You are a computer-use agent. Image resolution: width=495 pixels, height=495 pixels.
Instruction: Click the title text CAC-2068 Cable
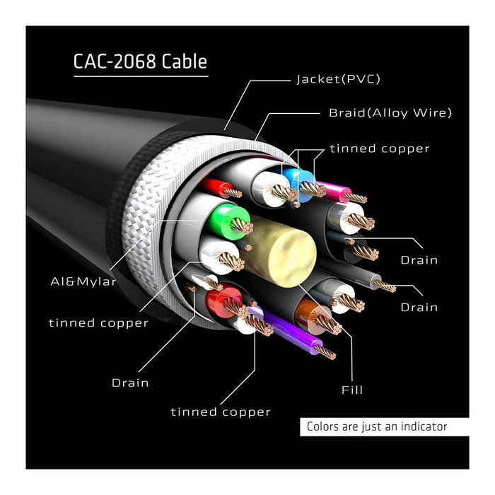pyautogui.click(x=140, y=62)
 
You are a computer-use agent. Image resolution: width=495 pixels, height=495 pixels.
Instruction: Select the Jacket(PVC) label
pyautogui.click(x=338, y=79)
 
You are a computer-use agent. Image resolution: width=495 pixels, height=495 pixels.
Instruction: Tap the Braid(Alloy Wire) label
pyautogui.click(x=390, y=112)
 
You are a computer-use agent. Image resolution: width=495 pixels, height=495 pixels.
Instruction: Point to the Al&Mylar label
pyautogui.click(x=84, y=281)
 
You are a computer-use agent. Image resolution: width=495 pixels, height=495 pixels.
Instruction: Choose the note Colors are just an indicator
pyautogui.click(x=376, y=427)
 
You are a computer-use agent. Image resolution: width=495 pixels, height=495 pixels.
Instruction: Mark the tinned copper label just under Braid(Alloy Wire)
pyautogui.click(x=379, y=148)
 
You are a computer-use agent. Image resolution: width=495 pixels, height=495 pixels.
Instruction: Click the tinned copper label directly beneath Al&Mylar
pyautogui.click(x=98, y=322)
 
